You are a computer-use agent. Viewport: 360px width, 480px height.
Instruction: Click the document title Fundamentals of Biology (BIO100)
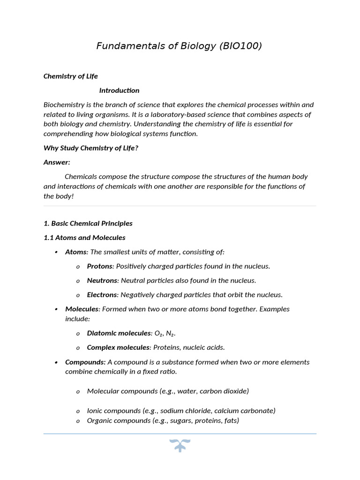(x=179, y=46)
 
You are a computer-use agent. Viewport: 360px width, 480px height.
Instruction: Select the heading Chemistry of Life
(x=71, y=76)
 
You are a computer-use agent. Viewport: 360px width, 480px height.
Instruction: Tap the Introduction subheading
(x=119, y=90)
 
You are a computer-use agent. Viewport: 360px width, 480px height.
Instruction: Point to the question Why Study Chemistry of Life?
(x=91, y=148)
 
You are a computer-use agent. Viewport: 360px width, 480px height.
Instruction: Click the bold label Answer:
(x=57, y=162)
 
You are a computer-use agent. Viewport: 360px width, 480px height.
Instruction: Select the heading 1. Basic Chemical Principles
(x=88, y=224)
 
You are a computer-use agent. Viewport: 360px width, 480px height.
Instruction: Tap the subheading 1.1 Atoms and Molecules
(x=84, y=238)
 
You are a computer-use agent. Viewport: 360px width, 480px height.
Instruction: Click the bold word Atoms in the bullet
(x=75, y=252)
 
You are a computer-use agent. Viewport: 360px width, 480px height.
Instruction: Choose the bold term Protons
(x=99, y=266)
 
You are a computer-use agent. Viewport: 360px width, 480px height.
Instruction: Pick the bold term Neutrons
(x=102, y=280)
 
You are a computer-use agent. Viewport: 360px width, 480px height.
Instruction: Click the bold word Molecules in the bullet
(x=82, y=309)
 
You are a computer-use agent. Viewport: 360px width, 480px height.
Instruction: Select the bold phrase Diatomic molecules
(x=119, y=333)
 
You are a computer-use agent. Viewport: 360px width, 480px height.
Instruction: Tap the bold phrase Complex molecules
(x=118, y=347)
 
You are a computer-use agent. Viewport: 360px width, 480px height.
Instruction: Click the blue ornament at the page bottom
(x=180, y=445)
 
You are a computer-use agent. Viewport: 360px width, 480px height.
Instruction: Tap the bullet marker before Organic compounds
(x=78, y=421)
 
